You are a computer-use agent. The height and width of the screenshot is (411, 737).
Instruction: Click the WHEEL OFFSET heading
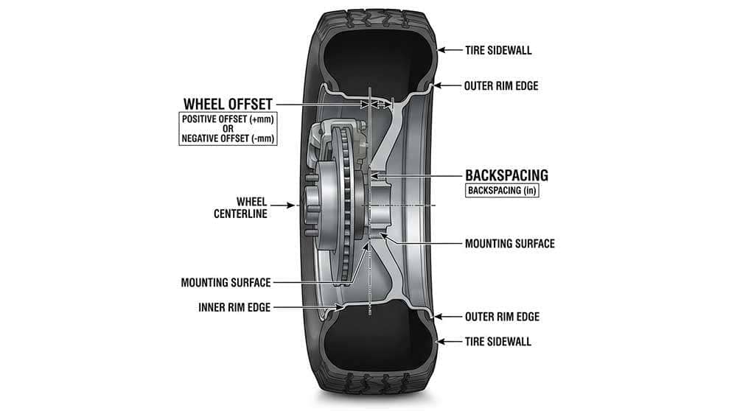(x=228, y=104)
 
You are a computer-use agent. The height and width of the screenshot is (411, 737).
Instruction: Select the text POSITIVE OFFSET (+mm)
(x=228, y=119)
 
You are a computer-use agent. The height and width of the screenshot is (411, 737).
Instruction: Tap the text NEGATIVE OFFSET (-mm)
(x=228, y=138)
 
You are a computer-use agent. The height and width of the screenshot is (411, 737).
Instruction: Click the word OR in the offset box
(x=228, y=129)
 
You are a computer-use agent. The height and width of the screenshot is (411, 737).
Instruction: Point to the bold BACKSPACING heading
(x=506, y=175)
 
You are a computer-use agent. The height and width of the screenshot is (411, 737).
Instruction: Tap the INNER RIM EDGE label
(x=234, y=307)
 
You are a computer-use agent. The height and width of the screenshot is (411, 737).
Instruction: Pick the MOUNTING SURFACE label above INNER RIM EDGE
(x=226, y=282)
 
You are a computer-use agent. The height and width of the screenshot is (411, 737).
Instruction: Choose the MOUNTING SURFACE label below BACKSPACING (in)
(x=510, y=243)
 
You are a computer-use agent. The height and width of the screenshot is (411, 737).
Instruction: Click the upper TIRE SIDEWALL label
(x=498, y=51)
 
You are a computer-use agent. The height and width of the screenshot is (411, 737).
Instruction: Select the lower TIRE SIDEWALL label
(x=498, y=342)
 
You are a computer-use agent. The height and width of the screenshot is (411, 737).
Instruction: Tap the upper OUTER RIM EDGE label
(x=501, y=85)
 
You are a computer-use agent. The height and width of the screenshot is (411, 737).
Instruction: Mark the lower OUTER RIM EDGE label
(x=501, y=317)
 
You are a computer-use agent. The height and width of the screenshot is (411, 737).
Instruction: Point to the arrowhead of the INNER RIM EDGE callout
(x=340, y=306)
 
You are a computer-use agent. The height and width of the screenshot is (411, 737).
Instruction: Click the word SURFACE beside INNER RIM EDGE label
(x=251, y=282)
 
